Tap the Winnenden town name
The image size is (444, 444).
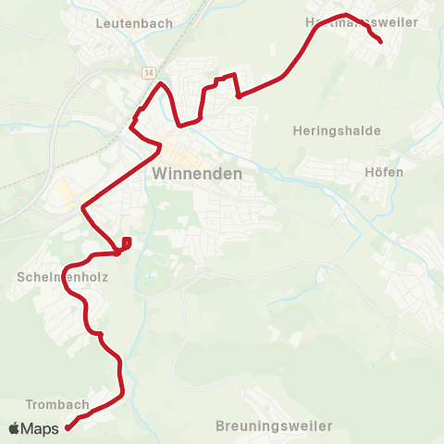(196, 174)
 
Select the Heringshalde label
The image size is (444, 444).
(336, 130)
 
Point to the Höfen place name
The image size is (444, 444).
(385, 172)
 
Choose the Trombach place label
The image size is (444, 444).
(57, 404)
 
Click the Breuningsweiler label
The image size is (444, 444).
(273, 426)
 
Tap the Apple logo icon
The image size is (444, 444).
(14, 428)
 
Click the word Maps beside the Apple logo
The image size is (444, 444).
(41, 429)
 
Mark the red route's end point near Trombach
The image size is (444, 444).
(68, 427)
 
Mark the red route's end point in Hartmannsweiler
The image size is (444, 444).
(381, 40)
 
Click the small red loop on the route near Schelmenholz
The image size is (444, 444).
(126, 243)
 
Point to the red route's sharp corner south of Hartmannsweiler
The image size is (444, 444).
(239, 95)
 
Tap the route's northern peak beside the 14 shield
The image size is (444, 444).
(162, 84)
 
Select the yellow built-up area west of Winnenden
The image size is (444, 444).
(67, 194)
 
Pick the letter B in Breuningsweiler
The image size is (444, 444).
(220, 426)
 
